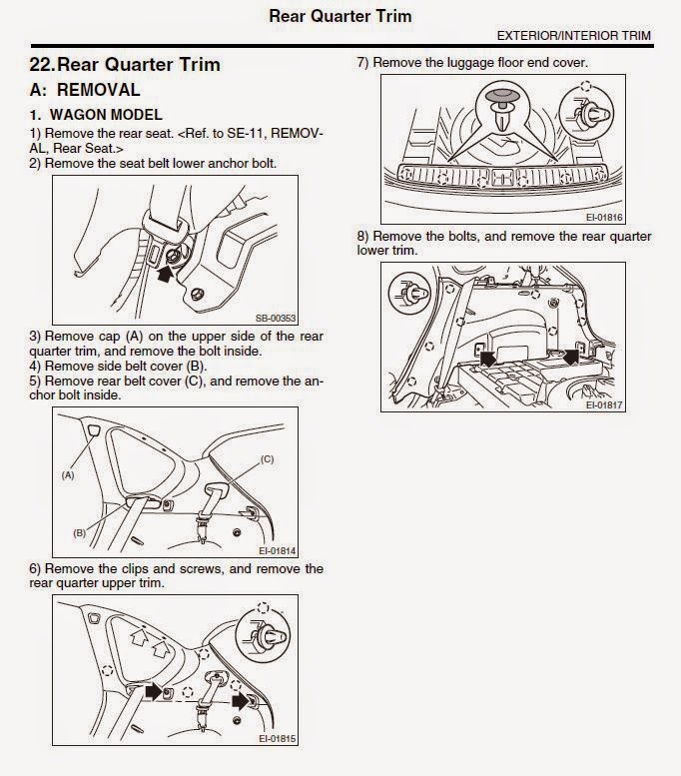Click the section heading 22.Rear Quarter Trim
point(125,65)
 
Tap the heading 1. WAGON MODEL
point(96,116)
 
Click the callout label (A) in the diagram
point(68,476)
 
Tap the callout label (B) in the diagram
point(80,532)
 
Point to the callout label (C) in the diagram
point(267,458)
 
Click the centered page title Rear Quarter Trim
point(340,15)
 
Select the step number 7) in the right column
point(363,62)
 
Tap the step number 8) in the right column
point(363,237)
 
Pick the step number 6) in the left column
point(36,569)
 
